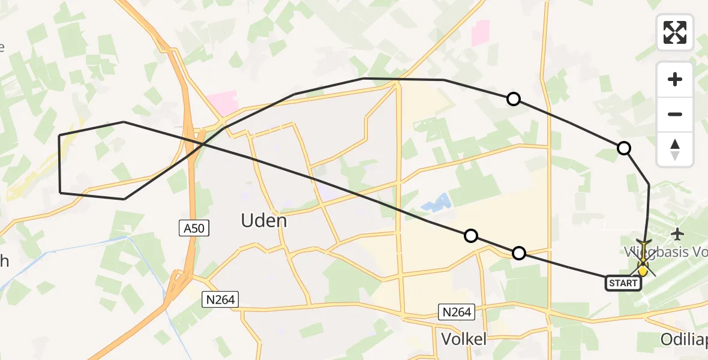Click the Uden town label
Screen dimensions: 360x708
point(264,221)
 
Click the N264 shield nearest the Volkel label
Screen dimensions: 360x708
point(458,311)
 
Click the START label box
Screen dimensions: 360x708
point(623,283)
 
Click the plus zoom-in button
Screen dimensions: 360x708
point(675,79)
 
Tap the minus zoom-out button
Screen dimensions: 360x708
point(675,114)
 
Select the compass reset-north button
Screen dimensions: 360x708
point(675,149)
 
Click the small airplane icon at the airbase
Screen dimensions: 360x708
point(679,233)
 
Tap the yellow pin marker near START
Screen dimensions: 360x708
point(643,269)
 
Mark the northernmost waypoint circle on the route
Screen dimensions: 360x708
point(514,99)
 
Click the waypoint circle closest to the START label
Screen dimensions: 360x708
point(519,253)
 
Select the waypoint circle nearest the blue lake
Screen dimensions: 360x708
point(472,236)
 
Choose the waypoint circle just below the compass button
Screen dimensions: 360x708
point(624,148)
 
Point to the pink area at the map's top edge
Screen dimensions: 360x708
point(480,32)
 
